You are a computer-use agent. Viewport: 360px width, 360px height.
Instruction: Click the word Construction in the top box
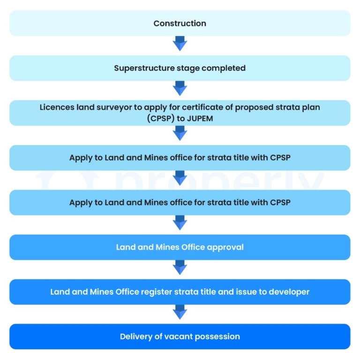point(180,23)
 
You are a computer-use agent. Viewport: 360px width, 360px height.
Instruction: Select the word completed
point(225,68)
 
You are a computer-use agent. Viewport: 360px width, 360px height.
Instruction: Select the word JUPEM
point(200,118)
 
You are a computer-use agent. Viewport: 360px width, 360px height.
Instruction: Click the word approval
point(225,247)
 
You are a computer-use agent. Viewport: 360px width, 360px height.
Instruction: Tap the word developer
point(287,291)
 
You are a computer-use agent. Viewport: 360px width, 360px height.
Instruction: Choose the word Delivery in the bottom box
point(136,337)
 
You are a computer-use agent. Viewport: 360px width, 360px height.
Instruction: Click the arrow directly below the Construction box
point(180,45)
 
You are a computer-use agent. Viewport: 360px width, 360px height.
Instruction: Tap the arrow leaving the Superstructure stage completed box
point(180,89)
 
